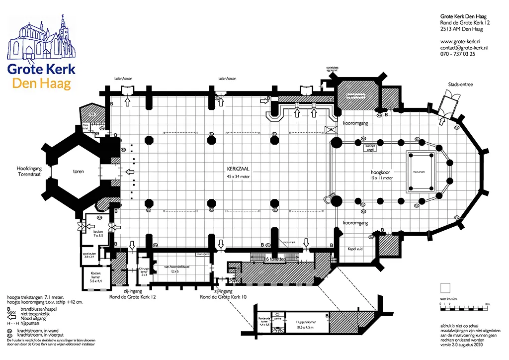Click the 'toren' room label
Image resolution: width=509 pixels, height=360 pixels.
77,172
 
